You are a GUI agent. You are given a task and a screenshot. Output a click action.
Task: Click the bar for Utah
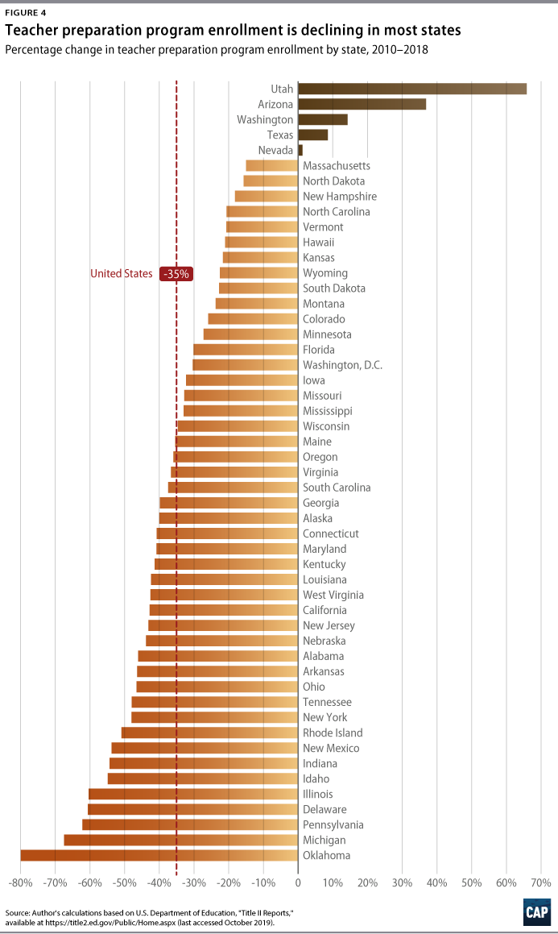click(411, 89)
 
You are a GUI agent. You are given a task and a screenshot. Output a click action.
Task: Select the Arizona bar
click(362, 104)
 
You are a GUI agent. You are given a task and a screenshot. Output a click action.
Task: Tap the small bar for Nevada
click(300, 150)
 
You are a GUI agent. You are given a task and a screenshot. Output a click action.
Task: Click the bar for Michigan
click(180, 840)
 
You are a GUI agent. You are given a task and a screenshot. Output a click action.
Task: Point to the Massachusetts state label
click(336, 165)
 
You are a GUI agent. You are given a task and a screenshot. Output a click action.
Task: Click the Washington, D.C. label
click(342, 365)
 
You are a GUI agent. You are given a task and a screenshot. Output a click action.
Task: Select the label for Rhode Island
click(333, 733)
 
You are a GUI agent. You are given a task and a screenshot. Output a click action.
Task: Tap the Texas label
click(280, 135)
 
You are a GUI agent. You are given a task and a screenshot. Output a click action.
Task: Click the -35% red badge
click(176, 274)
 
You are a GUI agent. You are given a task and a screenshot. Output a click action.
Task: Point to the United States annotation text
click(121, 274)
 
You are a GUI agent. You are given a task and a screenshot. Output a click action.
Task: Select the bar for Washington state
click(322, 119)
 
